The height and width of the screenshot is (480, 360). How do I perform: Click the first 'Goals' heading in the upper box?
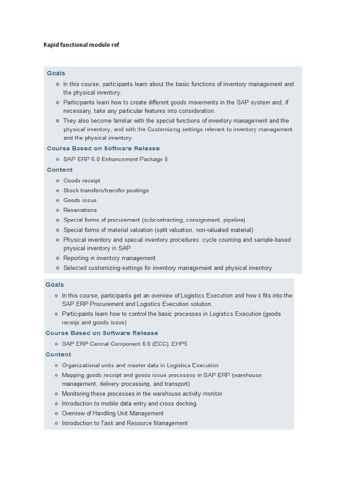[56, 73]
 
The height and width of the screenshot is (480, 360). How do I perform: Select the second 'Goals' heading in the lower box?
[54, 285]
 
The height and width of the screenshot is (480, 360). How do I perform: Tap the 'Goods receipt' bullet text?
[82, 180]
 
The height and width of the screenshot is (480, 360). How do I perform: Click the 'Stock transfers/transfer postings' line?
[106, 190]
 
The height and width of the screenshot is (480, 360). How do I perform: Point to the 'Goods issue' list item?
[80, 200]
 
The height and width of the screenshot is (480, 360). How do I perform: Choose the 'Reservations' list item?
[80, 210]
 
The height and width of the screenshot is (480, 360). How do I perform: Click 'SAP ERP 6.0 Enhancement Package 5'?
[115, 159]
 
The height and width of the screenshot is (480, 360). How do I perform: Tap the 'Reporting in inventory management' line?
[109, 258]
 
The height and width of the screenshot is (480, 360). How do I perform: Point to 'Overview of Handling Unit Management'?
[112, 413]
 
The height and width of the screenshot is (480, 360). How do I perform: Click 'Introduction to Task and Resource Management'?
[125, 423]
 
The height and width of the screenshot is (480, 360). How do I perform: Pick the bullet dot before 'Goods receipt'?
[58, 180]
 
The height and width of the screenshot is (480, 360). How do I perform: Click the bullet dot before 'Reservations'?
[58, 210]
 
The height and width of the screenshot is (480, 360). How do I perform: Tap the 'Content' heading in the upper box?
[60, 170]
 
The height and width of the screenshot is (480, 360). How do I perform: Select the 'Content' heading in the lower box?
[58, 354]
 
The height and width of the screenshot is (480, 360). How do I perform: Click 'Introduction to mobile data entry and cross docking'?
[129, 404]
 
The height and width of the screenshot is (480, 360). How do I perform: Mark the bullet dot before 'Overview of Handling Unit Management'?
[56, 413]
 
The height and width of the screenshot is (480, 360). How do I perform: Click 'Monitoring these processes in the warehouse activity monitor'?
[142, 394]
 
